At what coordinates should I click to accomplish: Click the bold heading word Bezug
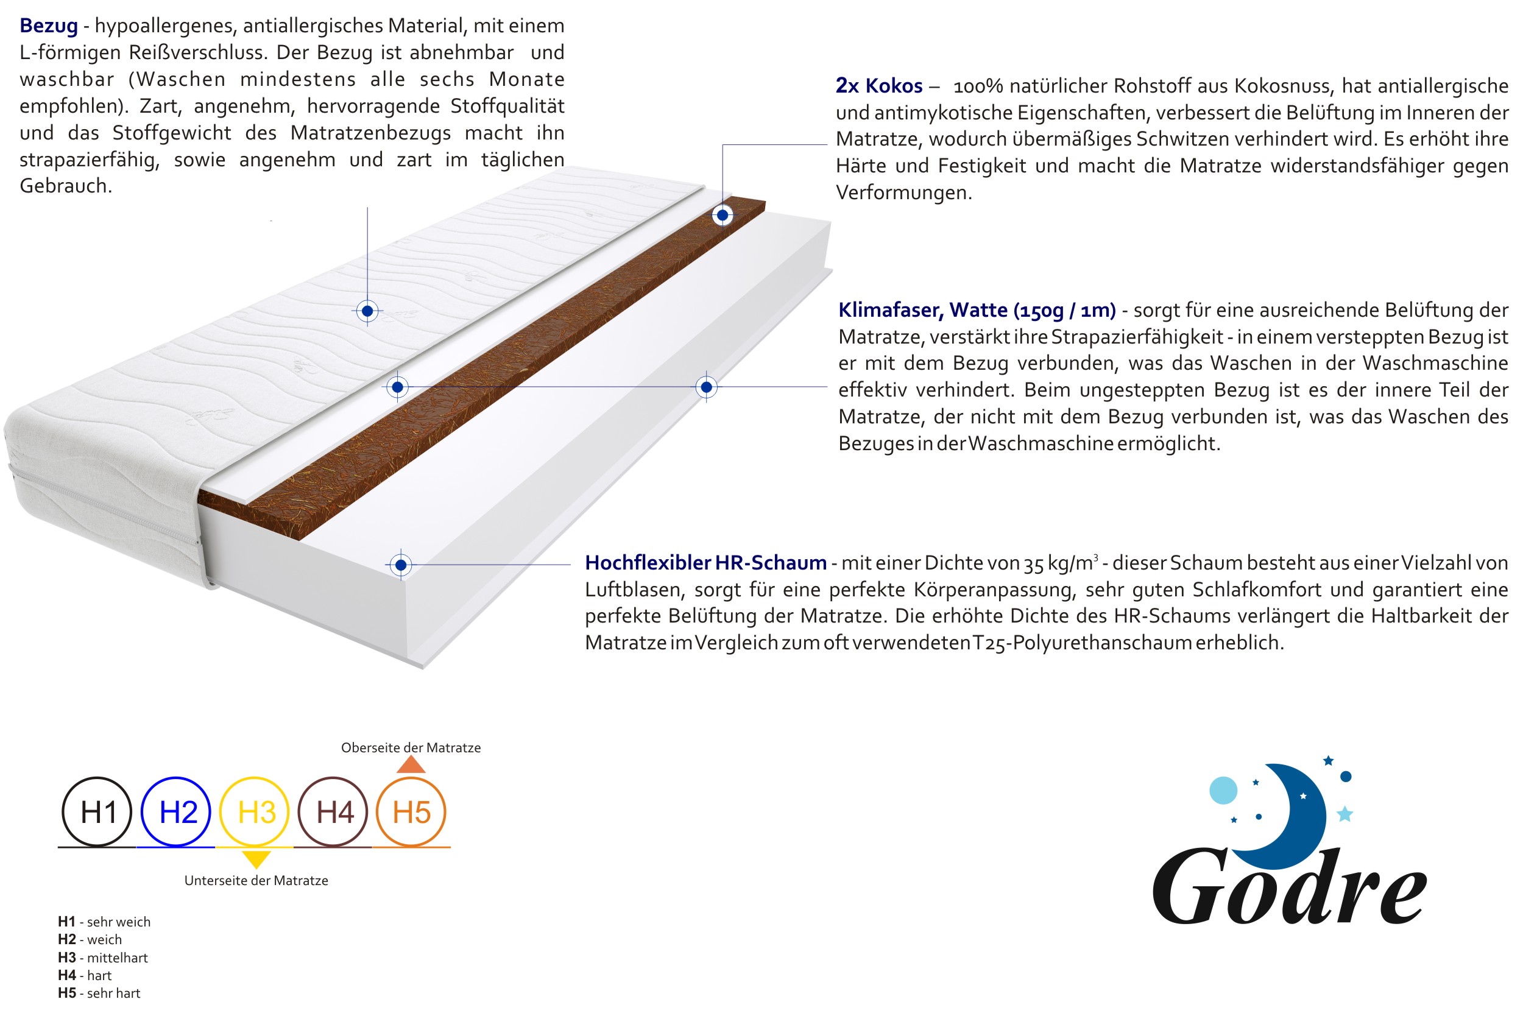coord(49,26)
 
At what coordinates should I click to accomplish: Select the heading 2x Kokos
coord(878,86)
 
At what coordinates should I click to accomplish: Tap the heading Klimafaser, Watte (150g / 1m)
coord(976,310)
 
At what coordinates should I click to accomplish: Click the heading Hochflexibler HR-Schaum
coord(705,563)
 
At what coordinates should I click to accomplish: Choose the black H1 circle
coord(97,812)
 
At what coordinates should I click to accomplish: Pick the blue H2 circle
coord(176,812)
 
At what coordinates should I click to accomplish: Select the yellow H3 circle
coord(255,812)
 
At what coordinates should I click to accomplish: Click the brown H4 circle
coord(333,812)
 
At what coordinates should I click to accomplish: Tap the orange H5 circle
coord(411,812)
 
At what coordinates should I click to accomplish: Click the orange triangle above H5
coord(411,765)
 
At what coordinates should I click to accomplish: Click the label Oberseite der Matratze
coord(411,748)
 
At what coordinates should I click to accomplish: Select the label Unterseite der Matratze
coord(256,881)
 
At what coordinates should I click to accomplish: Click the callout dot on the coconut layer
coord(723,215)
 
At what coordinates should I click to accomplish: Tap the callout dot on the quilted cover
coord(367,311)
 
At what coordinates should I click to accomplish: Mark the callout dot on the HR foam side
coord(401,565)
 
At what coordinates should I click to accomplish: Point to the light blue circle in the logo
coord(1223,790)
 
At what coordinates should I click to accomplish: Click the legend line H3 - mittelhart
coord(103,958)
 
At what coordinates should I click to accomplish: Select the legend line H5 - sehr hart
coord(99,993)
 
